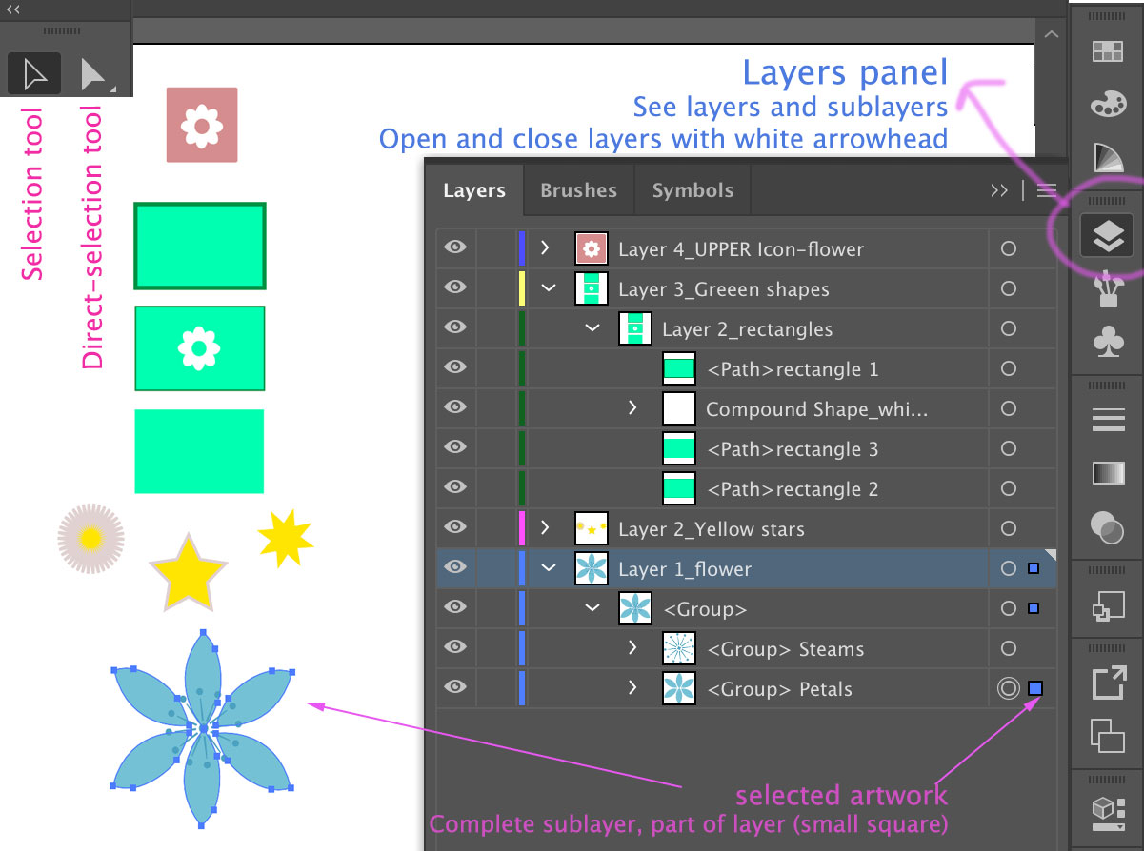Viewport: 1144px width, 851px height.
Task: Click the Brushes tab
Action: click(x=578, y=190)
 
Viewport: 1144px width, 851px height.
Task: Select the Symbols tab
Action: click(x=692, y=190)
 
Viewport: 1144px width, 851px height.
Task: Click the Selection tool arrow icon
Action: click(x=34, y=74)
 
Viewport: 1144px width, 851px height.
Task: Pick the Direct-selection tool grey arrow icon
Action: click(x=93, y=74)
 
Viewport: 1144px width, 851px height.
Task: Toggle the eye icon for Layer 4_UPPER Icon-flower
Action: click(x=455, y=247)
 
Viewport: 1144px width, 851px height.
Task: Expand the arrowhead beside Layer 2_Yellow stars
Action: click(x=545, y=527)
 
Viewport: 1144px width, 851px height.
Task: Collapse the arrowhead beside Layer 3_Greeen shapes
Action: click(x=549, y=288)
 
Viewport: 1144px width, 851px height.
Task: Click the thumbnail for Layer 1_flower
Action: click(x=592, y=568)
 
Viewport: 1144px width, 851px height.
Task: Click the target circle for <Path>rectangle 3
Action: click(x=1009, y=449)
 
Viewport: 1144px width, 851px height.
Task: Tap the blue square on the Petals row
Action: click(x=1034, y=688)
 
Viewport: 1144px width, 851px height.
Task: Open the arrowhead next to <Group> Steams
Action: click(x=632, y=648)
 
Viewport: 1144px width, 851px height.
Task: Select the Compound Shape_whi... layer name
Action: click(x=816, y=409)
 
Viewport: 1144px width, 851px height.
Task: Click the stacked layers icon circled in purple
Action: click(x=1107, y=236)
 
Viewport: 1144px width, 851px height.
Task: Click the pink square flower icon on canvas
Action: click(x=202, y=125)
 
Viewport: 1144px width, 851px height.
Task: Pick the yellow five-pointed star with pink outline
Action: click(x=189, y=573)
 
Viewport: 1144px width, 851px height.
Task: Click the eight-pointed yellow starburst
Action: click(x=285, y=538)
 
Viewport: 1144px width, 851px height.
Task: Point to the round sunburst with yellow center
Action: click(x=90, y=539)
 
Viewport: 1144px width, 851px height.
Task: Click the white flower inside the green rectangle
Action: click(x=199, y=348)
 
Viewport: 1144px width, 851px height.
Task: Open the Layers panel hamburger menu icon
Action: click(x=1047, y=190)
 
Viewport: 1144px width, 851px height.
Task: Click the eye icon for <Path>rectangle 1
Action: click(x=455, y=367)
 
